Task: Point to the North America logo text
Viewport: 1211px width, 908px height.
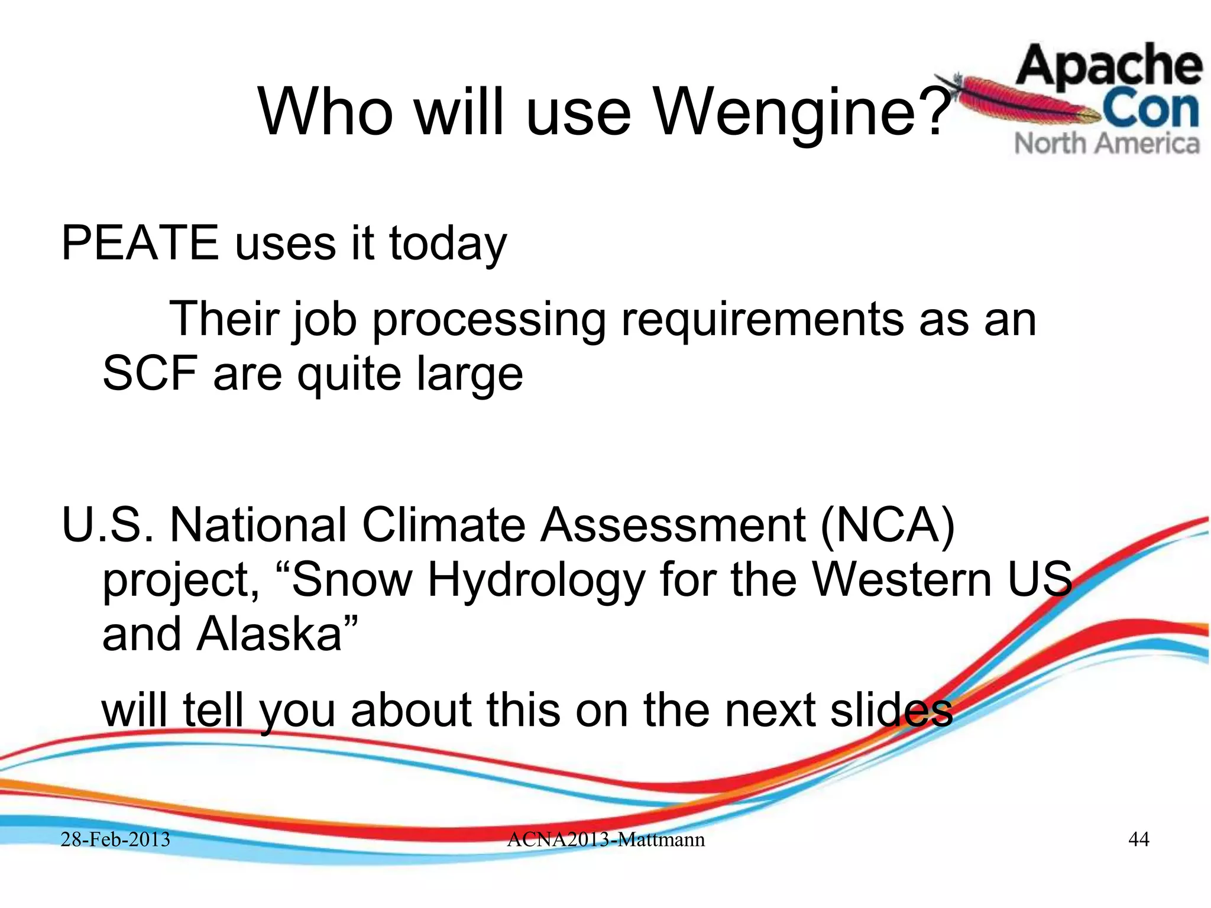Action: tap(1107, 144)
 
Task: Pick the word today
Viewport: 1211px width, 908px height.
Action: tap(448, 244)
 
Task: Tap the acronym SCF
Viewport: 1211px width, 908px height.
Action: tap(150, 374)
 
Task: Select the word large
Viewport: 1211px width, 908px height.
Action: tap(469, 375)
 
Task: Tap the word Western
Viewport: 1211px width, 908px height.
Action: tap(902, 579)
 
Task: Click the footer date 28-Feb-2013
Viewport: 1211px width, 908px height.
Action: tap(116, 839)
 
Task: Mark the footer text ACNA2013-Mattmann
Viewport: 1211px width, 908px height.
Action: tap(605, 839)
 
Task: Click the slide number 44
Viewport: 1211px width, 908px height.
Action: tap(1139, 839)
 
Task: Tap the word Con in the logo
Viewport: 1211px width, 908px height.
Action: tap(1150, 109)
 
